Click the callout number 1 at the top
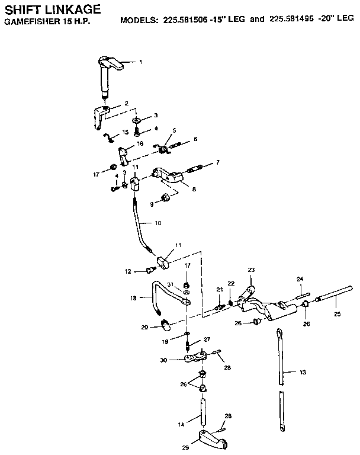click(140, 62)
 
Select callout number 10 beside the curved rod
click(157, 223)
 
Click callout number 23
click(250, 270)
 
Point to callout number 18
click(133, 298)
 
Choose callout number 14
click(182, 424)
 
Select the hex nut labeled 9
click(167, 197)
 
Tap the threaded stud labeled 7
click(195, 169)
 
